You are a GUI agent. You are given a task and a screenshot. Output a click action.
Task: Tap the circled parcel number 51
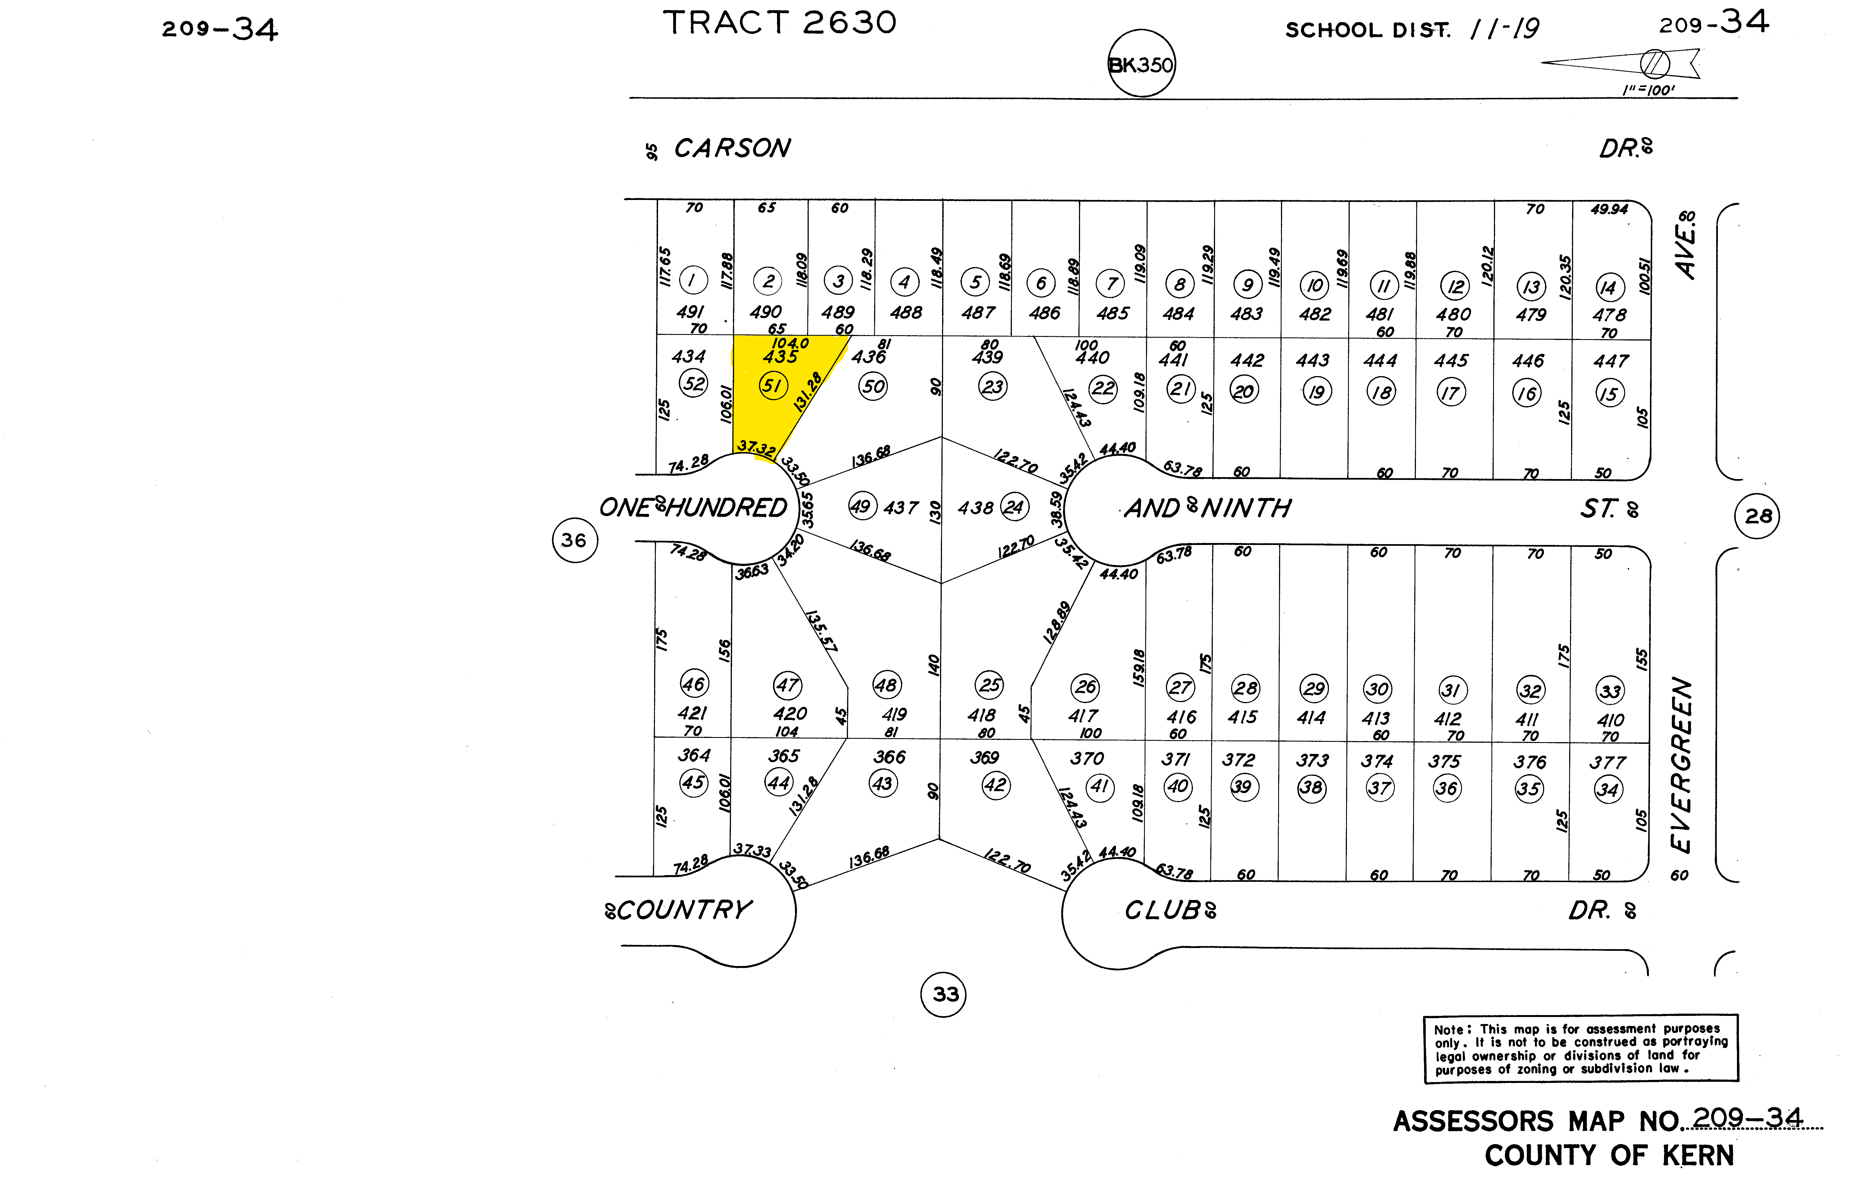coord(772,385)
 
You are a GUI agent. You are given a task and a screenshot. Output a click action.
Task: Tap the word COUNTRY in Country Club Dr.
coord(683,910)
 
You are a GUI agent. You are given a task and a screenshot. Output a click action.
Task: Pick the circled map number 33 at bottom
coord(944,994)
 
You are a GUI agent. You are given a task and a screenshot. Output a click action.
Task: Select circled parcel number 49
coord(861,506)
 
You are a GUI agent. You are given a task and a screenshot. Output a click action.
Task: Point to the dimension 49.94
coord(1609,209)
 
